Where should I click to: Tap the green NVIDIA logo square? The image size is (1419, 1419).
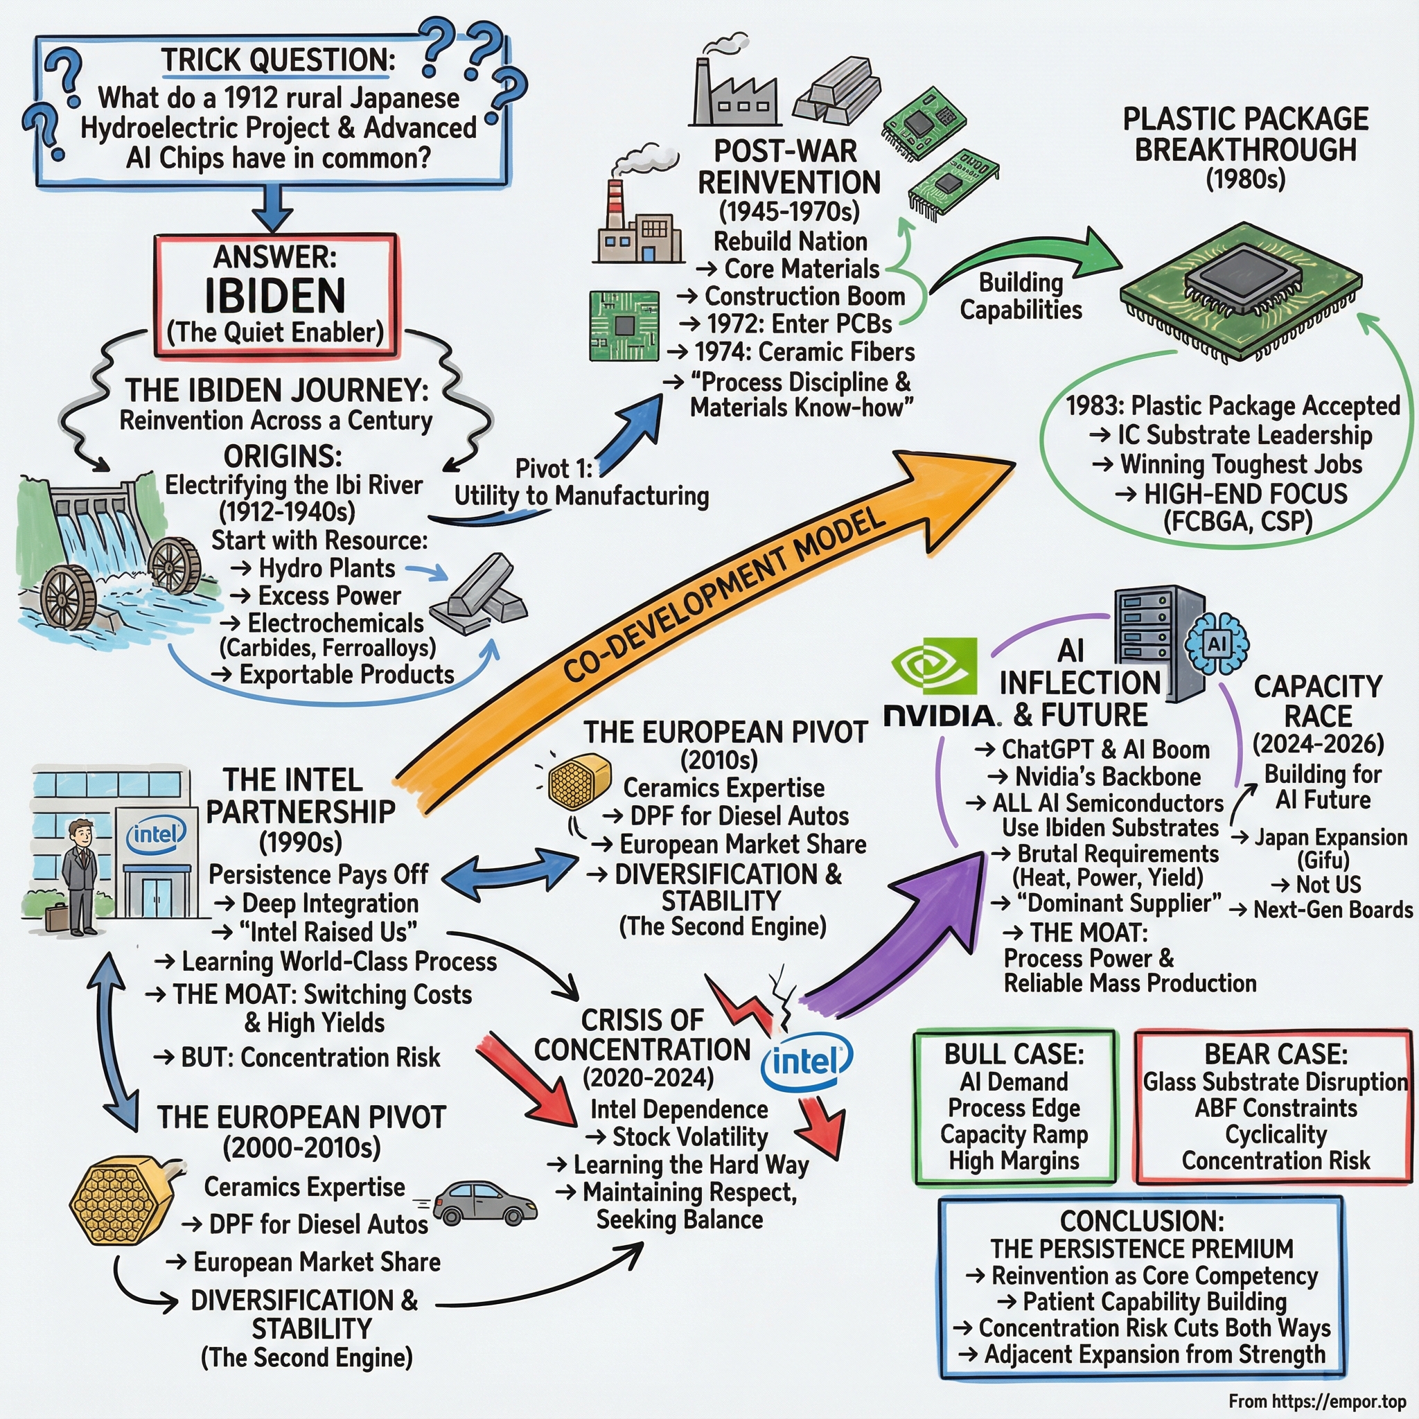click(933, 665)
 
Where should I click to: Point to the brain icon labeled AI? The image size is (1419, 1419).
click(1216, 644)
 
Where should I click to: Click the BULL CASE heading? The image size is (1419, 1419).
click(1014, 1054)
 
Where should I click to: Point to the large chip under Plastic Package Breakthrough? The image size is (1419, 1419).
click(1241, 283)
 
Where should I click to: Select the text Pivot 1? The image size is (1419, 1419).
click(553, 468)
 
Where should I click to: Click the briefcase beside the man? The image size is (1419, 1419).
click(56, 917)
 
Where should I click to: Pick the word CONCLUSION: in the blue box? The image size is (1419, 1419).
click(1141, 1221)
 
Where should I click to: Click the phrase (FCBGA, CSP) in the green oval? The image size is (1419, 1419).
click(1237, 521)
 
